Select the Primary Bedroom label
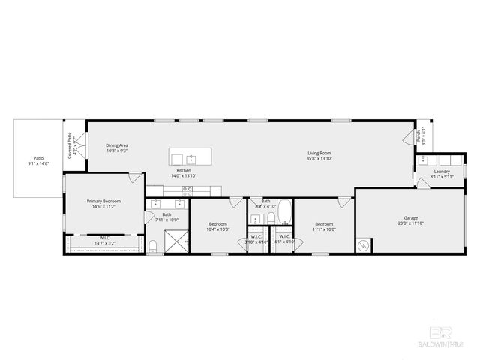[103, 201]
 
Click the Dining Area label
[116, 145]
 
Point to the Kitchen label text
[184, 171]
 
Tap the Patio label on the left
[37, 158]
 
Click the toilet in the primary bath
[152, 245]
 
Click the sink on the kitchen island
[191, 159]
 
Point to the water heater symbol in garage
[364, 244]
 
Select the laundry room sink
[423, 160]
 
